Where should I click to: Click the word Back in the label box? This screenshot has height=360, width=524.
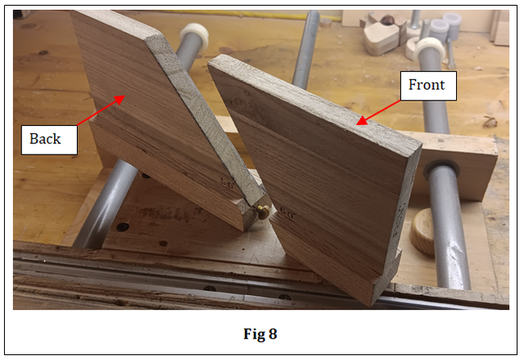coord(45,139)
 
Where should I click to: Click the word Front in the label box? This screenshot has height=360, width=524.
coord(427,85)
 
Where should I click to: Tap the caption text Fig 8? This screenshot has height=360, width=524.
coord(260,334)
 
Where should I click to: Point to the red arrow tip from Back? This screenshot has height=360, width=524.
coord(124,97)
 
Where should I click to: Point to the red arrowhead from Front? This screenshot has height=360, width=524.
coord(357,124)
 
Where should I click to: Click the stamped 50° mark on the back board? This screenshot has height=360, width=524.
coord(228,183)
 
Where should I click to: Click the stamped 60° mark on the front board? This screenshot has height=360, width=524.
coord(287,214)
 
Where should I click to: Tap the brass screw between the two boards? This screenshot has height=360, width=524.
coord(262,212)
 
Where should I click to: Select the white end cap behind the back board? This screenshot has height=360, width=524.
coord(194,36)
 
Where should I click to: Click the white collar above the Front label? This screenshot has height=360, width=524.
coord(430,49)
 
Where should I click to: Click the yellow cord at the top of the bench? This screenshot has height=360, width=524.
coord(254,15)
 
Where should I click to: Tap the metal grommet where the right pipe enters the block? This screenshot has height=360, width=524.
coord(442,169)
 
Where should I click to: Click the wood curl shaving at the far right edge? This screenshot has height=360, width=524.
coord(490,121)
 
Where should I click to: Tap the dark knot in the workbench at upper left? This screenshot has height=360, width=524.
coord(43,52)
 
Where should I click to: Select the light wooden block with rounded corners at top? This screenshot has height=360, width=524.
coord(381,38)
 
